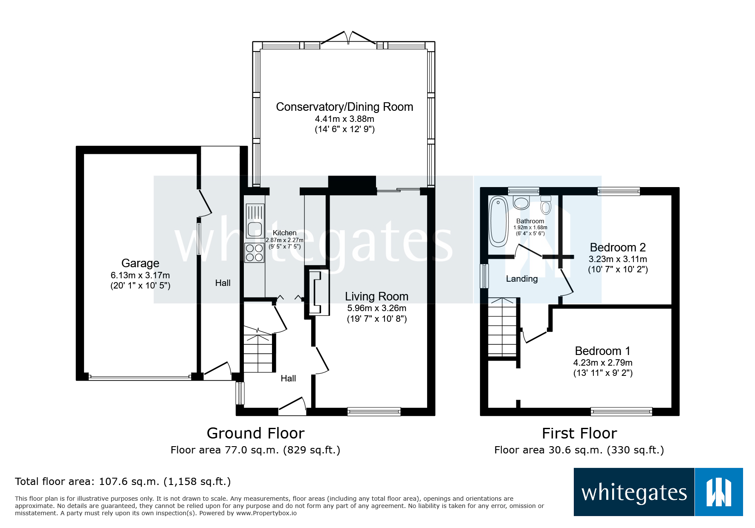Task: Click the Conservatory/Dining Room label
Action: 344,107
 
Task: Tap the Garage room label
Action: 140,263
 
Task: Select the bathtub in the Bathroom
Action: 498,221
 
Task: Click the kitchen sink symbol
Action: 255,228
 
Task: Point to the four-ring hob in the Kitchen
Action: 255,253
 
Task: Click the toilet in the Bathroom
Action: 546,205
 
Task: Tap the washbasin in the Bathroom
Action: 521,202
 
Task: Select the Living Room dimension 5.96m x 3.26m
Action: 376,308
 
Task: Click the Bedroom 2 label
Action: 617,248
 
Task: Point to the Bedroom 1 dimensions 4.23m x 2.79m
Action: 602,363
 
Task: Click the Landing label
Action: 521,279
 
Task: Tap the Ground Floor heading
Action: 255,433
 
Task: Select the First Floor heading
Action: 579,433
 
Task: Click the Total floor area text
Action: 123,482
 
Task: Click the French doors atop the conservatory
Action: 348,38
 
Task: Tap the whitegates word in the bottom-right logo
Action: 634,493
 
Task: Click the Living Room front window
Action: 374,411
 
